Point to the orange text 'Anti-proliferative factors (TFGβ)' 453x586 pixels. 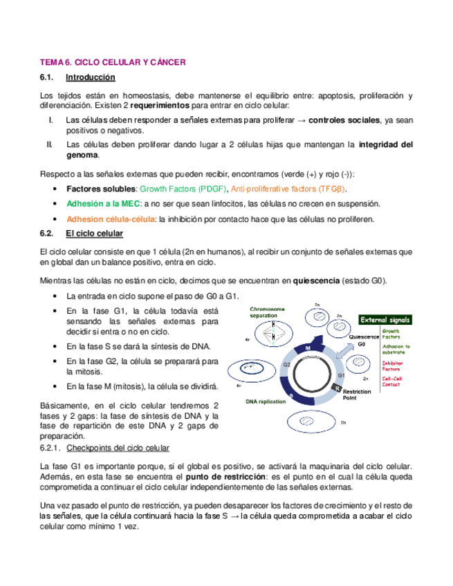tap(289, 189)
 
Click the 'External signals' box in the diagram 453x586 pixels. tap(385, 320)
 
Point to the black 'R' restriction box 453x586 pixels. tap(337, 389)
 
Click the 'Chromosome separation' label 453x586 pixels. tap(267, 312)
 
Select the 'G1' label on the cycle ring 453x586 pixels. tap(341, 375)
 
